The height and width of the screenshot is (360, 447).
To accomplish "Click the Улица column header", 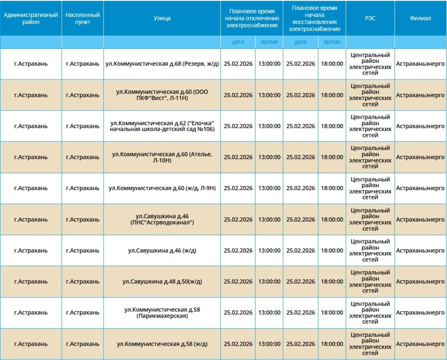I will [162, 18].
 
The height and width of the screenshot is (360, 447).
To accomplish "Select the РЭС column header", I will [370, 18].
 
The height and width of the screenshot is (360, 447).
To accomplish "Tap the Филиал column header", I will [420, 18].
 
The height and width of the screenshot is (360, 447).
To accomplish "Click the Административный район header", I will [31, 18].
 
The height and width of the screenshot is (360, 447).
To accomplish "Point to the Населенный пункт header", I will [83, 18].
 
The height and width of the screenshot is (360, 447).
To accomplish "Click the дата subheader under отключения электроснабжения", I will [238, 42].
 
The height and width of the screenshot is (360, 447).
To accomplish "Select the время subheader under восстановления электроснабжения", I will [332, 42].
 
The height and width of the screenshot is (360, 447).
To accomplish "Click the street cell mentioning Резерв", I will [162, 64].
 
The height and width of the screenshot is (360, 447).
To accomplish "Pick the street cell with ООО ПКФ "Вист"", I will [162, 95].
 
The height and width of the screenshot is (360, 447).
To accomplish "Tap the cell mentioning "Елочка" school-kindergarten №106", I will [162, 126].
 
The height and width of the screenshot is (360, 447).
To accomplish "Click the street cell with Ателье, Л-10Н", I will [162, 157].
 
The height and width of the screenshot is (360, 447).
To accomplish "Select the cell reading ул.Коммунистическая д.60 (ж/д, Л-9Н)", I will [162, 188].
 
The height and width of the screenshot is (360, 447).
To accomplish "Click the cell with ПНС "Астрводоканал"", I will [162, 219].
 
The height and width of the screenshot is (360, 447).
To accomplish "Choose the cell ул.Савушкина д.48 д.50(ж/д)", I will [162, 281].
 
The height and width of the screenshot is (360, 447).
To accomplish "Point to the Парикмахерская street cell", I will [162, 312].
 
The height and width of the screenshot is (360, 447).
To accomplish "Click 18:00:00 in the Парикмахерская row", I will [332, 312].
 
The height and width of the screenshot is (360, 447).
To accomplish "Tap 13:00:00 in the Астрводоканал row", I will [269, 219].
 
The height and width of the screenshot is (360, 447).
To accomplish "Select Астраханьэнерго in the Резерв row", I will [420, 64].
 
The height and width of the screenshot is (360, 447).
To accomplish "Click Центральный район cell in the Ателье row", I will [370, 157].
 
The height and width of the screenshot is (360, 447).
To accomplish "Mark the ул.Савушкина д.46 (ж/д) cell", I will [162, 250].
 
